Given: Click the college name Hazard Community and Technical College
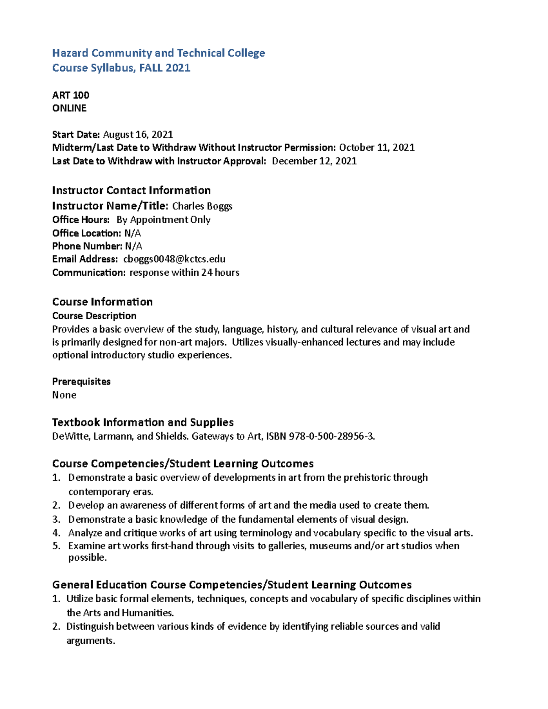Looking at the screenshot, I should [x=158, y=53].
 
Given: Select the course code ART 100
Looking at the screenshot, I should [x=71, y=95].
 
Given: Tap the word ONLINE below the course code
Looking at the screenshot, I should [x=69, y=108].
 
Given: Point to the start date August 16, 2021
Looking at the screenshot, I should [x=138, y=134].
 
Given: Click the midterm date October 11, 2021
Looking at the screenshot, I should [x=377, y=147].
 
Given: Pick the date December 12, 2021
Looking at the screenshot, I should [x=314, y=161].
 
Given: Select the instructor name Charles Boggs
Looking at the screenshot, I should [x=202, y=206].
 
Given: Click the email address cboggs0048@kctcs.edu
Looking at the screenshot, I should [x=174, y=259].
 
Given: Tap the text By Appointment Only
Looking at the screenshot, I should [x=163, y=220].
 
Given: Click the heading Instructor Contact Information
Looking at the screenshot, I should [x=132, y=190].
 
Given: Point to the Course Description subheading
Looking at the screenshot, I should [x=94, y=316].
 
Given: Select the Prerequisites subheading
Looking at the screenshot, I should [x=81, y=382].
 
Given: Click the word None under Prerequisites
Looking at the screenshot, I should [x=64, y=395].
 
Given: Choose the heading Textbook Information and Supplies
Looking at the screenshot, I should [x=143, y=422].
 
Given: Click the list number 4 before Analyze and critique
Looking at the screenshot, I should [x=56, y=533].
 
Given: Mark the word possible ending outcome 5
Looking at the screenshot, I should [x=88, y=557].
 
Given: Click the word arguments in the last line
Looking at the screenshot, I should [x=90, y=641].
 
